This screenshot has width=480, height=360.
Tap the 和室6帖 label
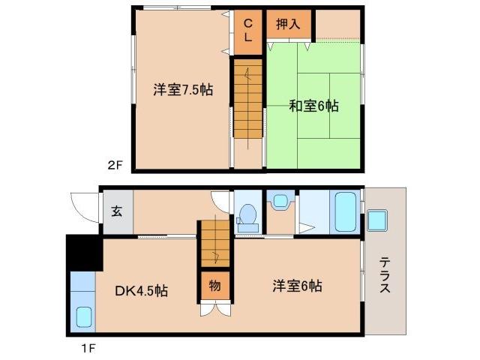tap(313, 106)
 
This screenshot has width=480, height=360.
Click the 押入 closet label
tap(288, 23)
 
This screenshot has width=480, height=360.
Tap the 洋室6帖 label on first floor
tap(298, 286)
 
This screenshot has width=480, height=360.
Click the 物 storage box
tap(214, 286)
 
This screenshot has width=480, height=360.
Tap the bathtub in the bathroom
tap(345, 211)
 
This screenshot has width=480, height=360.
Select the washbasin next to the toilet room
tap(280, 201)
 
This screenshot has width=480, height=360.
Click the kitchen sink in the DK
tap(82, 317)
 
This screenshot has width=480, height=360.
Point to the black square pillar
tap(84, 252)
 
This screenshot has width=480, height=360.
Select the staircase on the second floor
tap(247, 98)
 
